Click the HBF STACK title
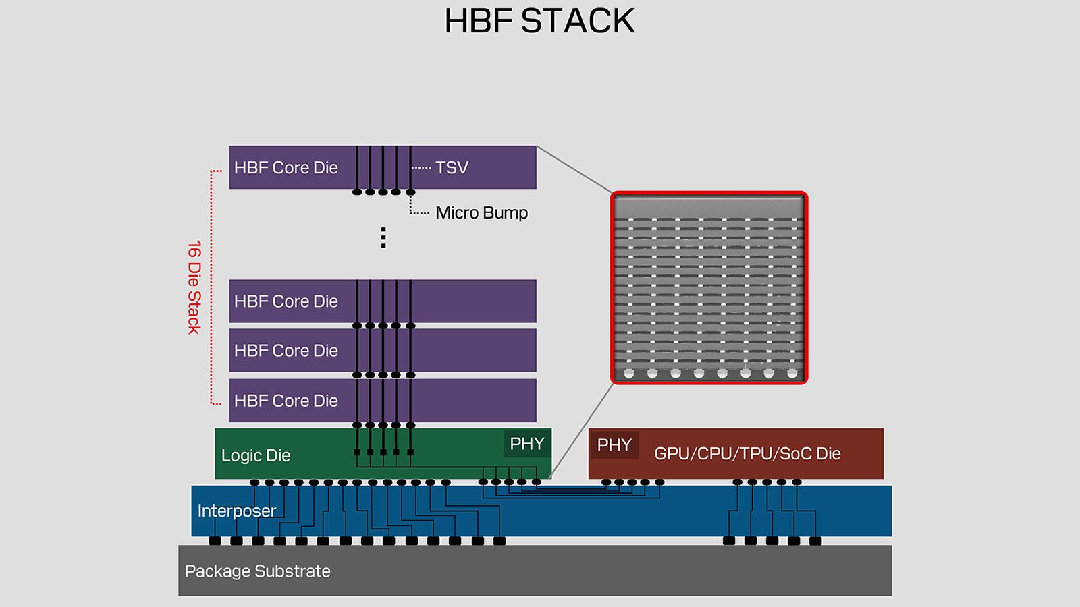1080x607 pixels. (x=539, y=21)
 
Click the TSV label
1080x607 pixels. (x=452, y=167)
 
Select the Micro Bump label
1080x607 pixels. (x=481, y=212)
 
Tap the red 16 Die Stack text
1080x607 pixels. (x=194, y=287)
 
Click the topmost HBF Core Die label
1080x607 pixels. (x=286, y=167)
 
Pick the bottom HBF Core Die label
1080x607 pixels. (x=286, y=401)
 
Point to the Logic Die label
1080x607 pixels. (x=256, y=455)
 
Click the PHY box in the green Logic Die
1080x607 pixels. (x=526, y=444)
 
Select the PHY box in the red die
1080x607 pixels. (x=614, y=445)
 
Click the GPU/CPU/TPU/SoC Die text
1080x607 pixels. (x=747, y=453)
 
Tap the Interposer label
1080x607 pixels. (x=236, y=511)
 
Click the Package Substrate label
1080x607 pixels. (x=257, y=571)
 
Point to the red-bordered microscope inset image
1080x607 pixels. (x=709, y=288)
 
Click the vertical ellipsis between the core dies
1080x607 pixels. (x=383, y=237)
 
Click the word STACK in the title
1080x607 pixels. (x=578, y=21)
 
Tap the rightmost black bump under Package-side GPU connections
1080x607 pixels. (x=815, y=541)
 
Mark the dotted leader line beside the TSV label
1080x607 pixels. (x=421, y=167)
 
